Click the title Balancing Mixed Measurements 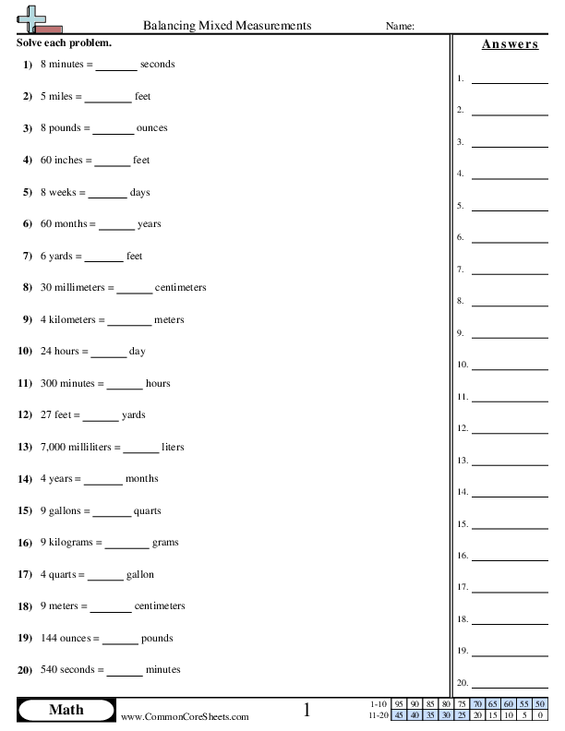point(228,26)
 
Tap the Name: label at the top point(399,27)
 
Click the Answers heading point(510,44)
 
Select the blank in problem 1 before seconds point(115,66)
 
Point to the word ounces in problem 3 point(152,128)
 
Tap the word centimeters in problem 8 point(181,288)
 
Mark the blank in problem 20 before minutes point(125,672)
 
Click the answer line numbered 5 point(510,209)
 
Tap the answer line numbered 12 point(510,431)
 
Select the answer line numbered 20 point(510,686)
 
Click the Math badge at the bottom point(66,710)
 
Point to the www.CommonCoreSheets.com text point(185,716)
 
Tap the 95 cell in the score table point(400,704)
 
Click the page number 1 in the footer point(307,710)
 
